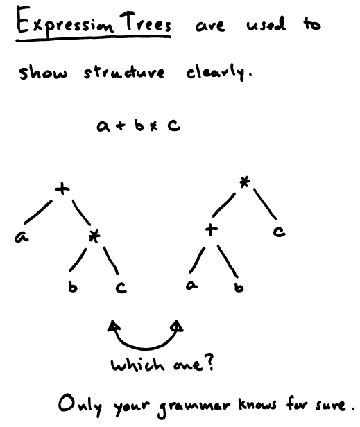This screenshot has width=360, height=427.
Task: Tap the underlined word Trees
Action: click(x=145, y=21)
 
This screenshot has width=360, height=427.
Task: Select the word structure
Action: click(x=124, y=72)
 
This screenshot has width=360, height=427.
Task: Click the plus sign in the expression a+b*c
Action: click(x=120, y=126)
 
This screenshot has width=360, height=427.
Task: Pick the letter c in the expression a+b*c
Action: click(x=174, y=126)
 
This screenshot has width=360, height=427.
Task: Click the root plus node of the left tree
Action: click(x=62, y=189)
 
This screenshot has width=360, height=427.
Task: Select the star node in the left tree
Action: click(x=94, y=236)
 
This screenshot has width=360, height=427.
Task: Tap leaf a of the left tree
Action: click(x=22, y=237)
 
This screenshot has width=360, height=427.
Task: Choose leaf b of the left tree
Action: click(x=73, y=287)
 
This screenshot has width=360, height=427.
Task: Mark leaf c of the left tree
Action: click(x=121, y=288)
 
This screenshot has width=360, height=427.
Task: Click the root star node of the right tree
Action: click(x=245, y=182)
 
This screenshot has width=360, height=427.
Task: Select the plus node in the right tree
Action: click(x=212, y=230)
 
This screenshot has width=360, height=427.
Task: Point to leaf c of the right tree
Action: click(x=280, y=232)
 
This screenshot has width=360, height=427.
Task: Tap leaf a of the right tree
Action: click(x=192, y=285)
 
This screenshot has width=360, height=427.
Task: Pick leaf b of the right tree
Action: click(x=239, y=287)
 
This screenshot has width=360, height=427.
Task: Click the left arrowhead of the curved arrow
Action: click(x=114, y=325)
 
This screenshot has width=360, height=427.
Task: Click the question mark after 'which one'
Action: click(x=209, y=363)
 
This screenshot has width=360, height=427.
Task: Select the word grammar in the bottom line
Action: click(x=194, y=407)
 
